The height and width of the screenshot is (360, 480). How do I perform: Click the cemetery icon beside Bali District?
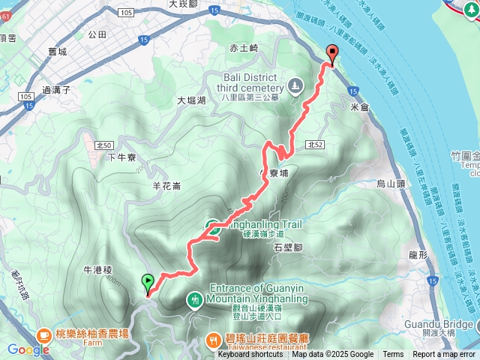click(295, 84)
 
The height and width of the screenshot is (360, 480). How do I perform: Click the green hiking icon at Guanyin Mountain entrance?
click(194, 300)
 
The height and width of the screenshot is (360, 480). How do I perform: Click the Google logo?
click(28, 349)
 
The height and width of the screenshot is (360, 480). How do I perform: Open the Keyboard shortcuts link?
click(250, 355)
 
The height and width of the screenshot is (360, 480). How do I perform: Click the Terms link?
click(393, 355)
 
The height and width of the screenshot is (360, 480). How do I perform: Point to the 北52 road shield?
click(314, 145)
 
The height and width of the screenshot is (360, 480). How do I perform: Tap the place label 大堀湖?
click(191, 100)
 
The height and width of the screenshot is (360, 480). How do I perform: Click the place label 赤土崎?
click(244, 47)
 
